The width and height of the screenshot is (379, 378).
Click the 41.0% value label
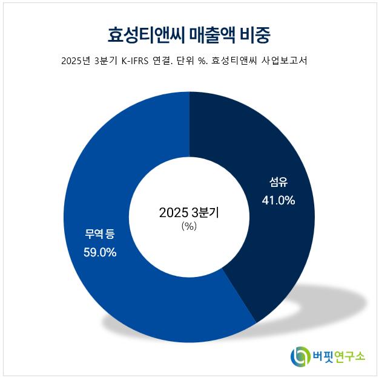(x=278, y=200)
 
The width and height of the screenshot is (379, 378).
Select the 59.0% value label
(x=100, y=252)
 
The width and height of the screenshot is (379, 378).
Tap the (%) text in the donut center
(x=189, y=226)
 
